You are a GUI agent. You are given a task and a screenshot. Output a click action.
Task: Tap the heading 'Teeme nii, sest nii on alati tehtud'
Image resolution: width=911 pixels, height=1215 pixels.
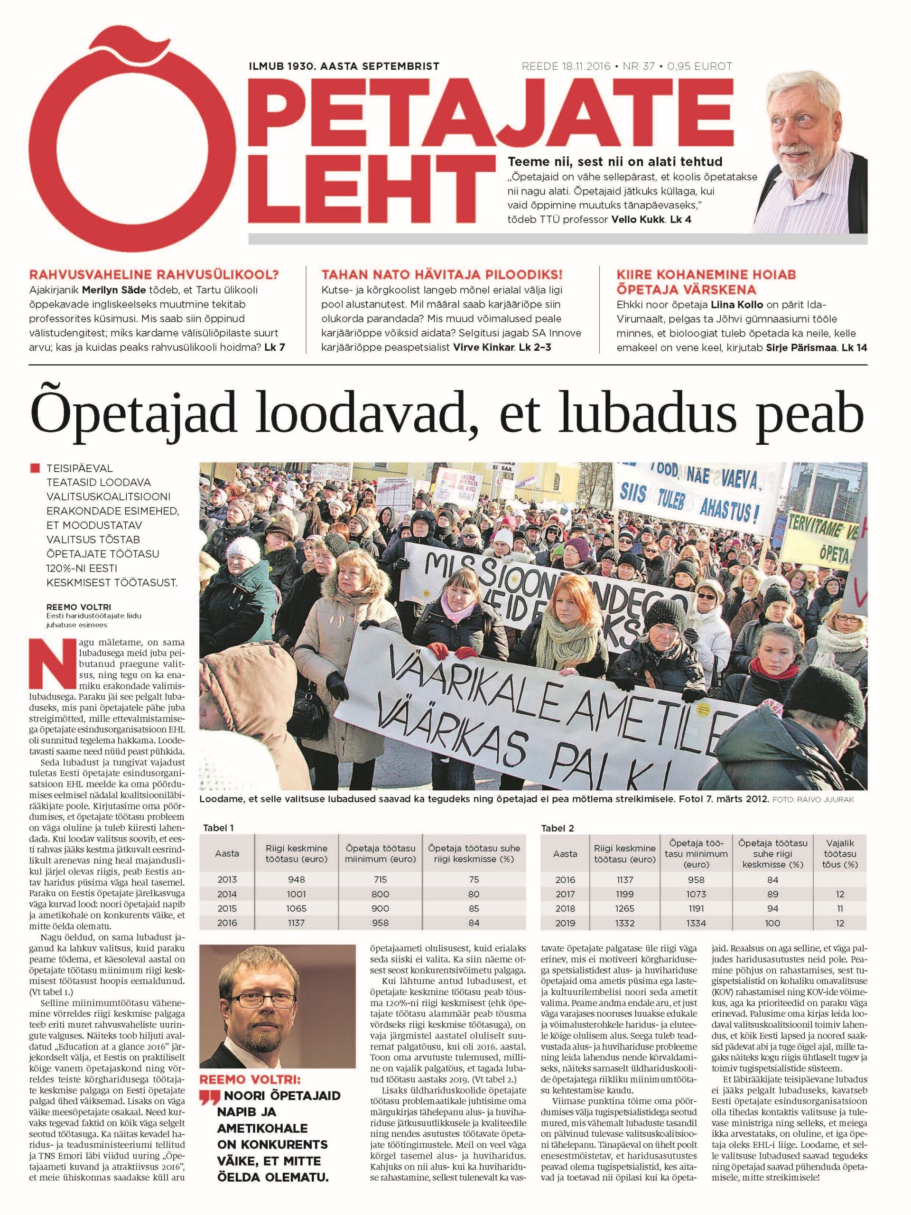click(x=615, y=161)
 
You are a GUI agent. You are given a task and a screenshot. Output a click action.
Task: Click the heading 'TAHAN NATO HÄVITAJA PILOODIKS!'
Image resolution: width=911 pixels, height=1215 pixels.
click(x=442, y=275)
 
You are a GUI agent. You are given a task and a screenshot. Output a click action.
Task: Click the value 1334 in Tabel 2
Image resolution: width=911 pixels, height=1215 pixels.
click(x=696, y=923)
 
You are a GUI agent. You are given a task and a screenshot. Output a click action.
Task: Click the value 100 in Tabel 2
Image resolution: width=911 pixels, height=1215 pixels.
click(x=772, y=923)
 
